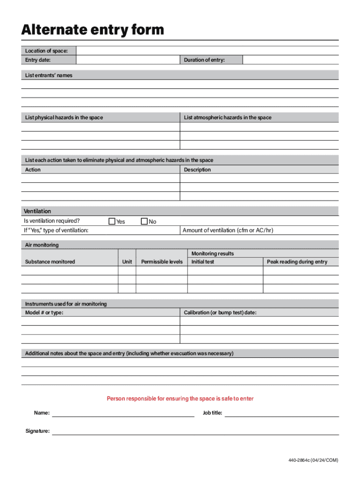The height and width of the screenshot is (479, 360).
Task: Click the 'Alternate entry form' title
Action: [x=93, y=30]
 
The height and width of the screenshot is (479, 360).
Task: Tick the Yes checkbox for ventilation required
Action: [x=112, y=221]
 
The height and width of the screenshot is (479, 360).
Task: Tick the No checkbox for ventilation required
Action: [x=144, y=221]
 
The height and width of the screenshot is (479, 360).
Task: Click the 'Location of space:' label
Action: [x=46, y=51]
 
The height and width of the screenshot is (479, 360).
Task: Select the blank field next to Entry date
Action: [x=128, y=60]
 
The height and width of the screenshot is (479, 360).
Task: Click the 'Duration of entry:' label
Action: [x=204, y=60]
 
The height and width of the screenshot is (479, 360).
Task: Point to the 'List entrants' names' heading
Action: [x=49, y=75]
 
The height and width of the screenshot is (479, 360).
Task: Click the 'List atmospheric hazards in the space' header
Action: [x=227, y=117]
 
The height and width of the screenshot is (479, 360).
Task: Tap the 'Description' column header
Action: [x=197, y=170]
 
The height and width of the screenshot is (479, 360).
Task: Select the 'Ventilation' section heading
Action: [x=37, y=211]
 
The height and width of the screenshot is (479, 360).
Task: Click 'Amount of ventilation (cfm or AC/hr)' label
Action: [x=228, y=230]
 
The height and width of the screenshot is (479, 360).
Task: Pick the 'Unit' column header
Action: [x=127, y=262]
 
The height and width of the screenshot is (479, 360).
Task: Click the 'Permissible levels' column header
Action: [x=162, y=262]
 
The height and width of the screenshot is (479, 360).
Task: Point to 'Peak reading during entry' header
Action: [x=297, y=262]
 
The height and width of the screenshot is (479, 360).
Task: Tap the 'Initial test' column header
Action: [x=202, y=262]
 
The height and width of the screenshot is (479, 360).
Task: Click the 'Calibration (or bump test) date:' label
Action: [x=220, y=312]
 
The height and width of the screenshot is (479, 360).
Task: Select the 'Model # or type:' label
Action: [x=44, y=312]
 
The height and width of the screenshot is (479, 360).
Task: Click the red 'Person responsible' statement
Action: [x=180, y=399]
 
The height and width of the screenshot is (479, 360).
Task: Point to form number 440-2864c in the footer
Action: [x=313, y=460]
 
